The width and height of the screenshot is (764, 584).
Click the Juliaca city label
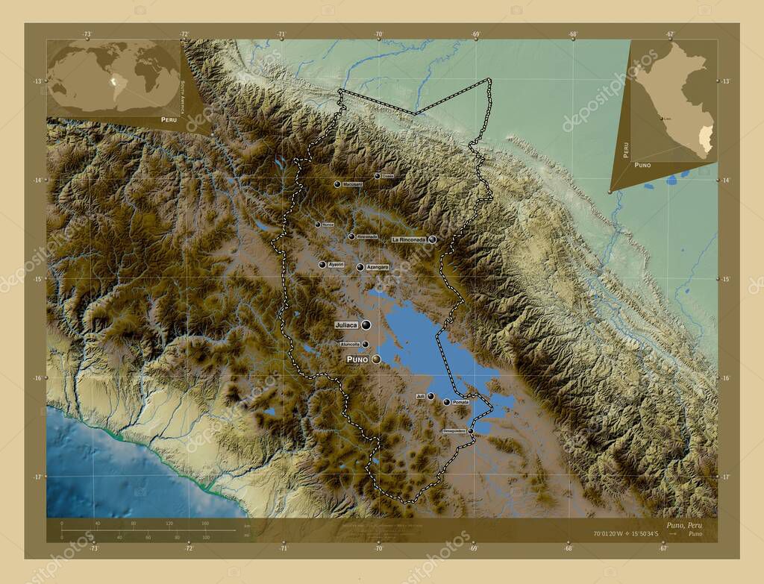[346, 325]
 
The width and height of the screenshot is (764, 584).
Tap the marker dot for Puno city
[376, 359]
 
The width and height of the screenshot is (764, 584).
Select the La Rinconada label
[409, 239]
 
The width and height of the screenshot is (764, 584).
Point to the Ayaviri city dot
[322, 265]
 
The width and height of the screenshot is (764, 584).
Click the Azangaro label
[378, 267]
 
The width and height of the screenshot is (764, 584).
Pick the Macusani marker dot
[337, 183]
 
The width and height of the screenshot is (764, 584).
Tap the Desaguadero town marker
[471, 431]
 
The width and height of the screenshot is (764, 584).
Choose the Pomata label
[460, 403]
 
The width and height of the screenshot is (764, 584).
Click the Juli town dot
[430, 396]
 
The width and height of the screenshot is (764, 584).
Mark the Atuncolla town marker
[365, 345]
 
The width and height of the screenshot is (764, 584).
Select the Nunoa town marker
[318, 225]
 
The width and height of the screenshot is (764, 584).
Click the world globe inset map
[113, 77]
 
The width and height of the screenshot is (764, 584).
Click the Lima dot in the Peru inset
[661, 118]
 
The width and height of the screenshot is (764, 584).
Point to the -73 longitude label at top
[87, 34]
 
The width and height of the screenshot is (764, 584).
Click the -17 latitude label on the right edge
[727, 477]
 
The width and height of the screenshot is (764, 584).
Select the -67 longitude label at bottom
[663, 549]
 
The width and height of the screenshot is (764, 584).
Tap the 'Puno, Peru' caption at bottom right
[680, 525]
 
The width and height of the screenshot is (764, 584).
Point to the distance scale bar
[149, 530]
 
